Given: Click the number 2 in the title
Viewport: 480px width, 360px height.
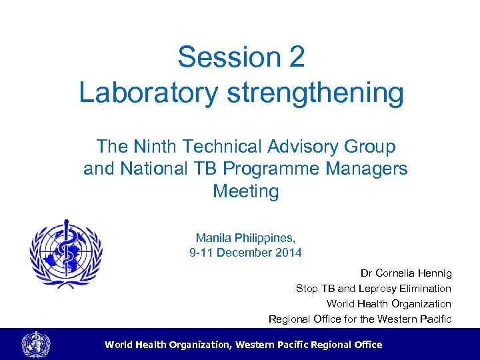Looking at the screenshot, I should [297, 57].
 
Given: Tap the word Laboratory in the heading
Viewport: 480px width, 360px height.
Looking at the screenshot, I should [148, 93].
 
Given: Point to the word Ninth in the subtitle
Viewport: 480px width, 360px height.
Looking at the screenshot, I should [155, 146].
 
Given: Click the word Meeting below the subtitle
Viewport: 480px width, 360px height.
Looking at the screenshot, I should [245, 191].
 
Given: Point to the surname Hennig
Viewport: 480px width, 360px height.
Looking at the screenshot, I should [438, 273].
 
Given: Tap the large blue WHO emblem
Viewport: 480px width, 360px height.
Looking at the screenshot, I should [66, 254].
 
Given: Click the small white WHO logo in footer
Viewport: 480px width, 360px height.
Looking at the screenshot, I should [35, 345].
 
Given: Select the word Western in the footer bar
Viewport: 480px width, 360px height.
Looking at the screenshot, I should [254, 345].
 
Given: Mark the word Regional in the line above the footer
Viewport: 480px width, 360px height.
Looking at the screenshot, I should [288, 319].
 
